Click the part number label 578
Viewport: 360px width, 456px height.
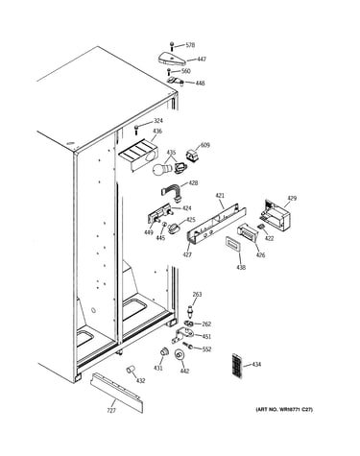pos(190,45)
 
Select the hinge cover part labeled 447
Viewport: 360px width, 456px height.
pos(173,59)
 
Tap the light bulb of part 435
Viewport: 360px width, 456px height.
pos(162,169)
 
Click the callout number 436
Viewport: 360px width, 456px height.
pos(157,131)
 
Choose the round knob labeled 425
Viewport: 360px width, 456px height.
pos(174,228)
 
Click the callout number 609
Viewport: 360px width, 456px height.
pos(205,145)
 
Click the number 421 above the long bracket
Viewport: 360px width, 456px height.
pos(220,196)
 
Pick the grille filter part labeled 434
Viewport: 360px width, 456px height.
pos(237,366)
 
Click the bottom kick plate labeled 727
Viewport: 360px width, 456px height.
pos(116,392)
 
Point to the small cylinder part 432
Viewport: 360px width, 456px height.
pos(131,370)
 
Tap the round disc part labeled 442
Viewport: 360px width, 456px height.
pos(180,355)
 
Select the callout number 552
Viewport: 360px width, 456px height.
pos(206,349)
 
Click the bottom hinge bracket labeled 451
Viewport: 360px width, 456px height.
pos(182,335)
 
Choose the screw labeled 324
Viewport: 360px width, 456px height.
pos(136,129)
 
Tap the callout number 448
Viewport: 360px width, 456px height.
pos(201,84)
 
